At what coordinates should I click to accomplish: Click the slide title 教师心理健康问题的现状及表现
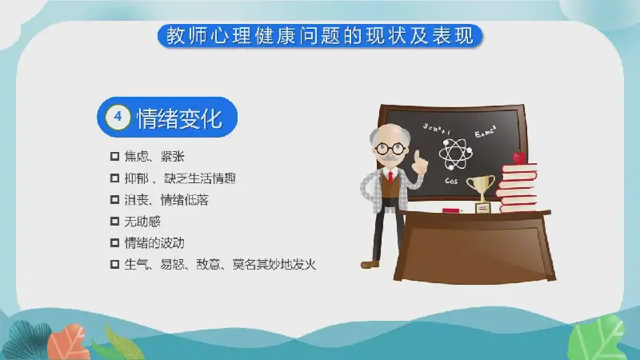click(319, 36)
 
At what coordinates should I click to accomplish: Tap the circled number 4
click(118, 117)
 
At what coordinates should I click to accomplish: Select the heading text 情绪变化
click(179, 118)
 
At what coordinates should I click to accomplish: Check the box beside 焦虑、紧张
click(114, 156)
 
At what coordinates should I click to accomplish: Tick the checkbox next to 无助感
click(114, 222)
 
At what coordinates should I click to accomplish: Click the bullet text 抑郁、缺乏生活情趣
click(180, 178)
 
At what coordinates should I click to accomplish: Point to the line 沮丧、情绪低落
click(166, 200)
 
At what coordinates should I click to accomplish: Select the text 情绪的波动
click(154, 243)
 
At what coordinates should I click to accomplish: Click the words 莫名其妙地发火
click(274, 265)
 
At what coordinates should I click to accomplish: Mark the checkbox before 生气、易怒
click(114, 265)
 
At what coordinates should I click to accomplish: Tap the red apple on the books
click(519, 157)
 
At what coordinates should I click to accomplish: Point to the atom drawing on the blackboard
click(455, 154)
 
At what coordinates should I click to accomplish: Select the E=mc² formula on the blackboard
click(486, 131)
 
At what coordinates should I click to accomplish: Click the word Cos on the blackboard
click(451, 181)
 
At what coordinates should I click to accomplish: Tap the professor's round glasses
click(390, 149)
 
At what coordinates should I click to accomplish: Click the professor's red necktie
click(390, 177)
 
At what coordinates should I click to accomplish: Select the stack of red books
click(517, 187)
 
